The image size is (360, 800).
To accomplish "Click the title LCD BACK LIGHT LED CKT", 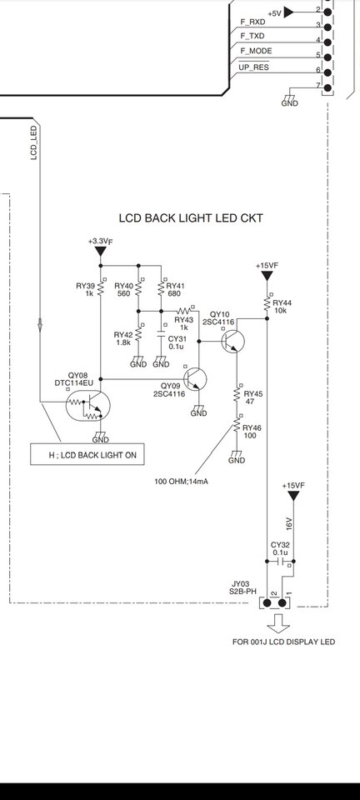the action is pos(191,218).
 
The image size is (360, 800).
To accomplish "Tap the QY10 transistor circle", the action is pos(233,342).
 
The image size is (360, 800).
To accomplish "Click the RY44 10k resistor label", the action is pos(282,307).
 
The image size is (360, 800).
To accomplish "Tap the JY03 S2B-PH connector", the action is pos(275,603).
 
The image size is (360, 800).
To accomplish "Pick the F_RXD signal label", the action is pos(252,22).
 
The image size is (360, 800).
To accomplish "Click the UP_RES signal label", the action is pos(253,67).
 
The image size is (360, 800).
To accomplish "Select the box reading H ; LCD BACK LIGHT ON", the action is pos(87,455).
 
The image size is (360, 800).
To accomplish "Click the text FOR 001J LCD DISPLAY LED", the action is pos(283,642).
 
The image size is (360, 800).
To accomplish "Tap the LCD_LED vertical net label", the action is pos(34,143).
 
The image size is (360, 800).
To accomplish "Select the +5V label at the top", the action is pos(274,13).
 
